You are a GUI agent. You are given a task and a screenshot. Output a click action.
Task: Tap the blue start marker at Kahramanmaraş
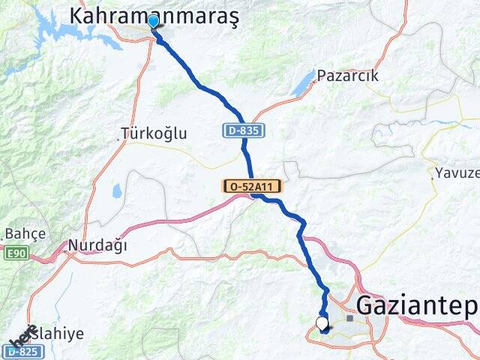pos(154,21)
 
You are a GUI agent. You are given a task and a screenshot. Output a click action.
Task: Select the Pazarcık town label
pos(347,76)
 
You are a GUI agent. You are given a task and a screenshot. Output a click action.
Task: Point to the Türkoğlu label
pos(156,133)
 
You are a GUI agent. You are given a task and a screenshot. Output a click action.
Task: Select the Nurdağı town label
pos(97,245)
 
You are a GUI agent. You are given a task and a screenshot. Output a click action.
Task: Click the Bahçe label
pos(25,233)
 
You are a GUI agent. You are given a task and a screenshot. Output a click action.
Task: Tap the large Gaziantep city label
pos(417,305)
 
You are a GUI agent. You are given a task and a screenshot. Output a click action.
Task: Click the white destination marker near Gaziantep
pos(322,324)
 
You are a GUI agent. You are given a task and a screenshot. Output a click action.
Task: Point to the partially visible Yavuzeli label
pos(457,173)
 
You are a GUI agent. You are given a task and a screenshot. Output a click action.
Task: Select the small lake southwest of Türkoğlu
pos(118,192)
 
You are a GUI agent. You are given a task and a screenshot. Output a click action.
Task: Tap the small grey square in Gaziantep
pos(349,318)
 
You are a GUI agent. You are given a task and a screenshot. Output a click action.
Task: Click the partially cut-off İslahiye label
pos(58,334)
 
